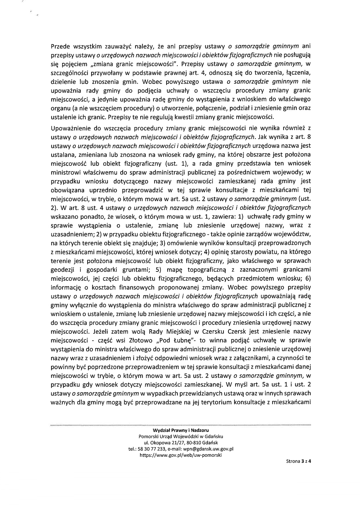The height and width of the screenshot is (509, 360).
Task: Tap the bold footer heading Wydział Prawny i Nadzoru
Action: (x=181, y=430)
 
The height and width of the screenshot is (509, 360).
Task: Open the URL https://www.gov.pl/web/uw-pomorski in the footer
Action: (x=181, y=455)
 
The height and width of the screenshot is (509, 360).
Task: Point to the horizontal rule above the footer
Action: (x=181, y=425)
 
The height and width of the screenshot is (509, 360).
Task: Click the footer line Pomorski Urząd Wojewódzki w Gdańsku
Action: (x=181, y=436)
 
